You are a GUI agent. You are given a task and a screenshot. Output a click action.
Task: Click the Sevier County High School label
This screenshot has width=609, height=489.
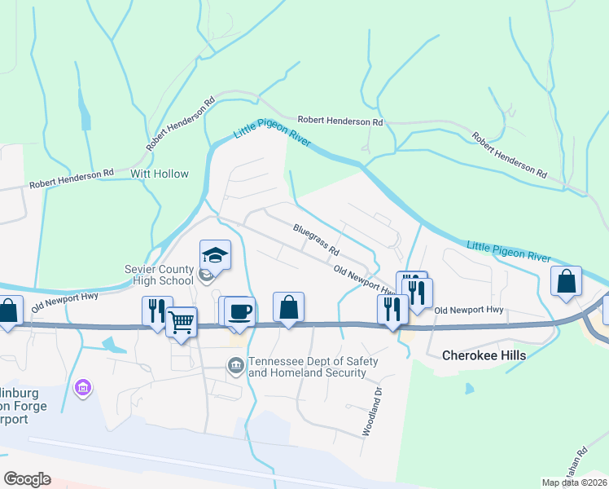click(160, 275)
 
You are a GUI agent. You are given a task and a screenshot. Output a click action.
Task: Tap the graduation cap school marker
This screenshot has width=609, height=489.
click(215, 256)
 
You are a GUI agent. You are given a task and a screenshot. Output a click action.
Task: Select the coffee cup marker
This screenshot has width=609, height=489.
click(239, 311)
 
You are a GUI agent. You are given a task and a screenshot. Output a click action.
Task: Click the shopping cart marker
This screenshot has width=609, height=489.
click(182, 321)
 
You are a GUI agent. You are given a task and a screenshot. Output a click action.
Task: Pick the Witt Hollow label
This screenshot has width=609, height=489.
click(160, 174)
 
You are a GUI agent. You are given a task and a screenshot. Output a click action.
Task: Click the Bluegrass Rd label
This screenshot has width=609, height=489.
click(316, 239)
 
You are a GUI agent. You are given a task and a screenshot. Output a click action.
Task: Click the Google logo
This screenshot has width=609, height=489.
click(27, 479)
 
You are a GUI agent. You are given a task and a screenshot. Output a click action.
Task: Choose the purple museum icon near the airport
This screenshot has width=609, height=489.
click(81, 386)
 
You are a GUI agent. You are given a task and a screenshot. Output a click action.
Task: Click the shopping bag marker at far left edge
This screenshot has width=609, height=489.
click(8, 311)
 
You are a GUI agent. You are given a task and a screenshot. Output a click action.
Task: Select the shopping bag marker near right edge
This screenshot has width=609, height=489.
click(567, 282)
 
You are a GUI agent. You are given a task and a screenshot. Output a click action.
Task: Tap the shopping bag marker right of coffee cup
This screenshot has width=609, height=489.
click(288, 307)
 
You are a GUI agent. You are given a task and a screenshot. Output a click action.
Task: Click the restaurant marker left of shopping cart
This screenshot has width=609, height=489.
click(156, 311)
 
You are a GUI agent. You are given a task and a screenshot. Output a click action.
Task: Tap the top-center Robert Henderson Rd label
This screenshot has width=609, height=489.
click(340, 121)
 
